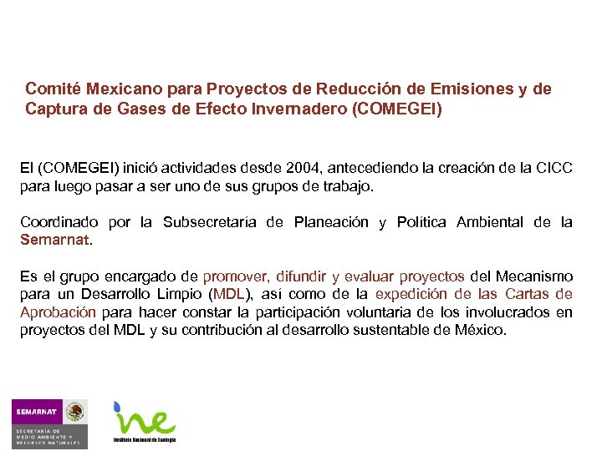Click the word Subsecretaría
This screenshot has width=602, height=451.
point(212,222)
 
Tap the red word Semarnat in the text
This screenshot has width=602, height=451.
point(54,241)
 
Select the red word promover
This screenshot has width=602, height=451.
point(233,276)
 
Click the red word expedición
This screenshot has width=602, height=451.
point(413,294)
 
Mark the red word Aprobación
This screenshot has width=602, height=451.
point(57,312)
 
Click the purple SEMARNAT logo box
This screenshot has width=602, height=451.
point(36,412)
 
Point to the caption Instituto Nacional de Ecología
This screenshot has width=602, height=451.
point(145,439)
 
